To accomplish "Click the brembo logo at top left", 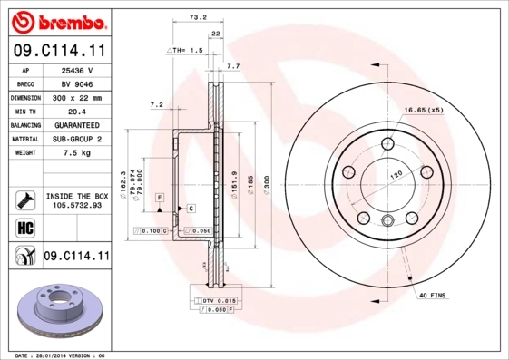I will click(x=55, y=20).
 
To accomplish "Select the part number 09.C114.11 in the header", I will click(x=55, y=52).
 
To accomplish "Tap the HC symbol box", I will click(x=24, y=227).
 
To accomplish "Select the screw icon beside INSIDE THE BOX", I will click(x=24, y=199).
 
